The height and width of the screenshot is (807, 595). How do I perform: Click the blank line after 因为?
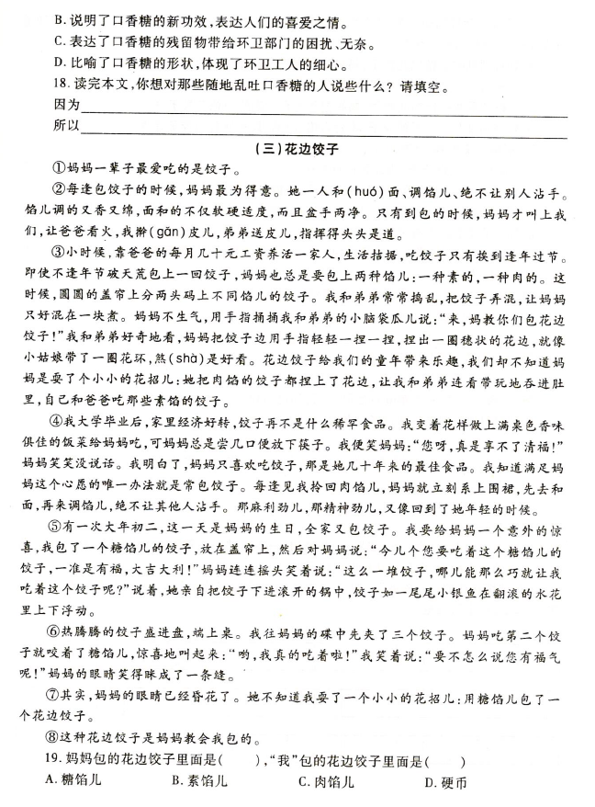pyautogui.click(x=321, y=108)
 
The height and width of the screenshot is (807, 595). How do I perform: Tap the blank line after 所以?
pyautogui.click(x=321, y=127)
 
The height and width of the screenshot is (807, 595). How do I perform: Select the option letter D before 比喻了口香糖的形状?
pyautogui.click(x=61, y=64)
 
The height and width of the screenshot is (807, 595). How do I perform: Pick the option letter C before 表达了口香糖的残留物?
pyautogui.click(x=61, y=41)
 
